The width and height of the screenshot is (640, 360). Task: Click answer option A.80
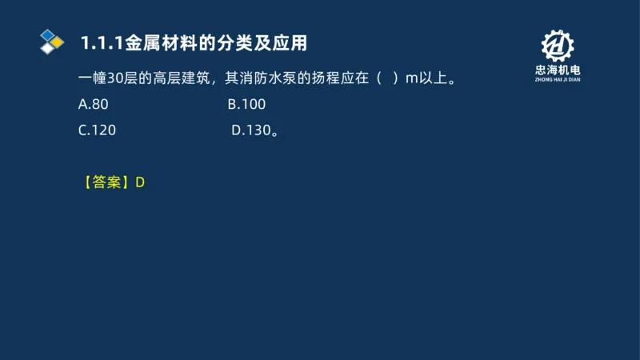click(93, 105)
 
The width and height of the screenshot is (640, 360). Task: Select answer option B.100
click(246, 105)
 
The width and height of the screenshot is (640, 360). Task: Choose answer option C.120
click(97, 130)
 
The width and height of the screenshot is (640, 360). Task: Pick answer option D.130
click(253, 130)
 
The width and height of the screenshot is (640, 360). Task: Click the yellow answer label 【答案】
click(106, 182)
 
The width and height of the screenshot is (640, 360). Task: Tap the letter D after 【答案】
click(140, 182)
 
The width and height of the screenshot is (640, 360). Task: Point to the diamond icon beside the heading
click(51, 41)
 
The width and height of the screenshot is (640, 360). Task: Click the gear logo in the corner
click(558, 47)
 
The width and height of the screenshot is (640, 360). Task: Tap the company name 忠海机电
click(558, 70)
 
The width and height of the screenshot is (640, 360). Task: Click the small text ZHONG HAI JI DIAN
click(558, 80)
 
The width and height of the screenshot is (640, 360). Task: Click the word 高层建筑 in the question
click(181, 78)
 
